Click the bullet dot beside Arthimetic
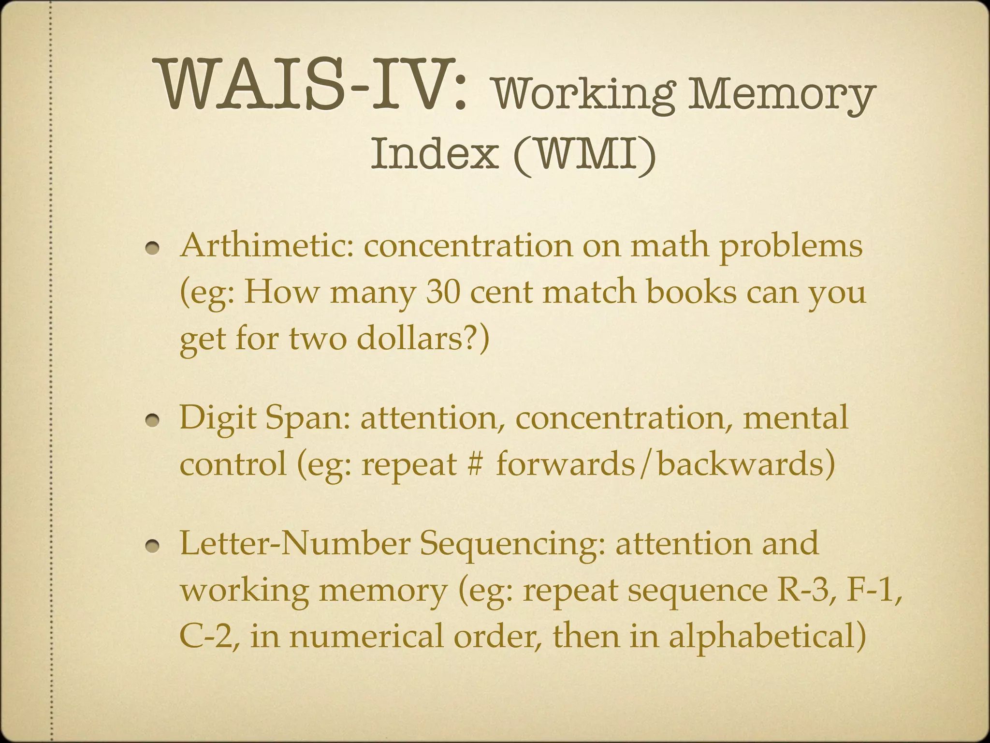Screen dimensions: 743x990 tap(153, 249)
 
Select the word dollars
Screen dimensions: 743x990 tap(411, 338)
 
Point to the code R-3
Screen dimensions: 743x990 tap(800, 590)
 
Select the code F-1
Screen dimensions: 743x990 tap(873, 590)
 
